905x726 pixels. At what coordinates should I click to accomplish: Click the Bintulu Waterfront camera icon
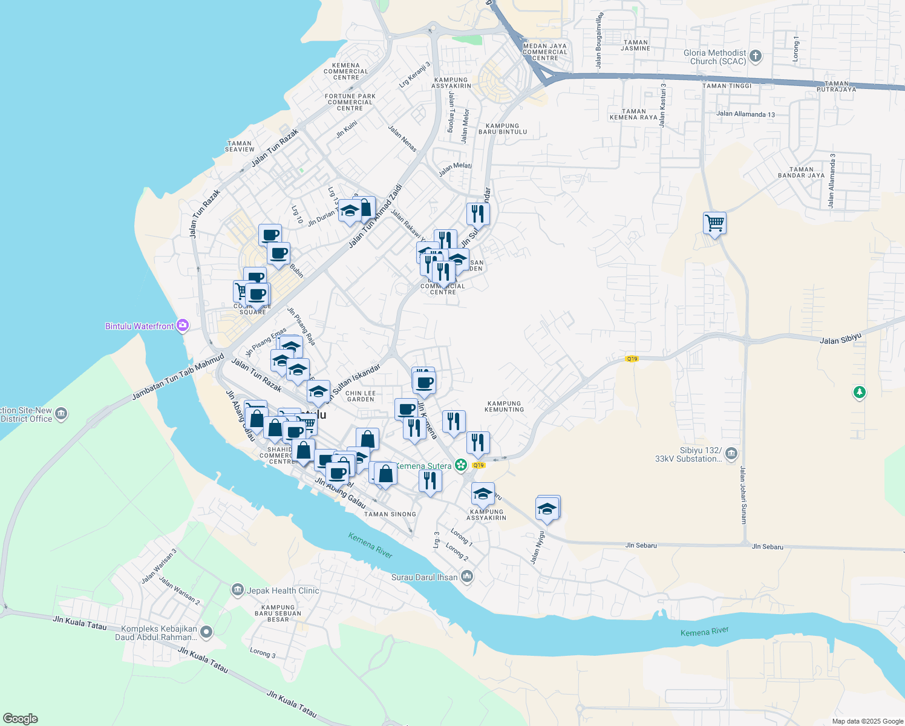pyautogui.click(x=183, y=326)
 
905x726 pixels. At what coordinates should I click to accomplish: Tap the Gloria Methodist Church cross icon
pyautogui.click(x=755, y=57)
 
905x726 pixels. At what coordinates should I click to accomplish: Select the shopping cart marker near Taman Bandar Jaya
pyautogui.click(x=714, y=223)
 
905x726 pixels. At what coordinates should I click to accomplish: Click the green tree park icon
pyautogui.click(x=859, y=393)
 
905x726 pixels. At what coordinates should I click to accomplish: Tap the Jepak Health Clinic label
pyautogui.click(x=283, y=590)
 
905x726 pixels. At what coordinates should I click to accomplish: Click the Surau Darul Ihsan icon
pyautogui.click(x=466, y=577)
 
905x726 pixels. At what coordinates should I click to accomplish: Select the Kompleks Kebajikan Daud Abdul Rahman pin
pyautogui.click(x=206, y=633)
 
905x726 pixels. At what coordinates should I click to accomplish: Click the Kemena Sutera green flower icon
pyautogui.click(x=461, y=465)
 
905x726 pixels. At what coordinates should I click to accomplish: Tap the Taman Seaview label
pyautogui.click(x=240, y=146)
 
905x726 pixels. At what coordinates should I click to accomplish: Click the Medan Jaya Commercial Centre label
pyautogui.click(x=544, y=52)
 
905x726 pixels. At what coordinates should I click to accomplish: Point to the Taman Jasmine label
pyautogui.click(x=635, y=45)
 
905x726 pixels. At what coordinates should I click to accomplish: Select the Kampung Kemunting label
pyautogui.click(x=504, y=407)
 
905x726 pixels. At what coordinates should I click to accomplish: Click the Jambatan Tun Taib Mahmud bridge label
pyautogui.click(x=178, y=377)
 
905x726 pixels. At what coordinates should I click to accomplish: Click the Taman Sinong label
pyautogui.click(x=390, y=514)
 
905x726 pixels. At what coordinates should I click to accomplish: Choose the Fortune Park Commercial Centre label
pyautogui.click(x=350, y=102)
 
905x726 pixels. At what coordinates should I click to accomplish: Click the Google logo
pyautogui.click(x=21, y=719)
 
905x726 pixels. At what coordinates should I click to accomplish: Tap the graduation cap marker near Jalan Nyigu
pyautogui.click(x=547, y=508)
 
